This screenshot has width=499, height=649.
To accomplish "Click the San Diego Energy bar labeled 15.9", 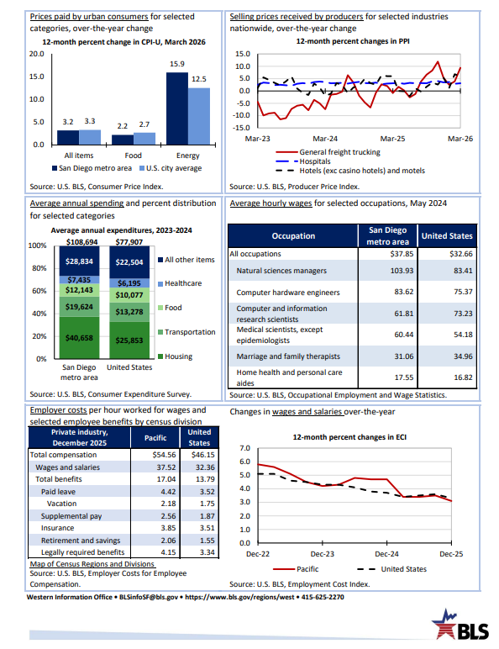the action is click(177, 108).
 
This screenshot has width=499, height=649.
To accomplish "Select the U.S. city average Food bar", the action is click(144, 139).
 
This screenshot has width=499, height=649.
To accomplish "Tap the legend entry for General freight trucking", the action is click(328, 152).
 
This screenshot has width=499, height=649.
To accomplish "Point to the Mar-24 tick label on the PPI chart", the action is click(325, 139).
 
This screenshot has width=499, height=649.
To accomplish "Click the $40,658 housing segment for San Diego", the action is click(79, 338).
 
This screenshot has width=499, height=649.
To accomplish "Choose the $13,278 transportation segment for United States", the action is click(129, 312).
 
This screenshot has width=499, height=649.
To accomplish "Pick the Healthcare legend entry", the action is click(180, 283).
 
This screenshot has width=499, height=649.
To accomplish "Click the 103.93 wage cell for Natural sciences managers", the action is click(404, 271).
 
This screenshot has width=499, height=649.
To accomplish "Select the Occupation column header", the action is click(293, 236).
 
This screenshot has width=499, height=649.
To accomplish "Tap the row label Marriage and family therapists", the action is click(288, 356).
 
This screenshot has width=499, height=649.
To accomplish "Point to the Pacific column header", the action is click(155, 438).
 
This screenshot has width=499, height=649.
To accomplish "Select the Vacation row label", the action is click(61, 504).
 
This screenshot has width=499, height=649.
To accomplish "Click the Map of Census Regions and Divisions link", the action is click(92, 564).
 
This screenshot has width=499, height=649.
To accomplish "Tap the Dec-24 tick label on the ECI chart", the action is click(387, 554).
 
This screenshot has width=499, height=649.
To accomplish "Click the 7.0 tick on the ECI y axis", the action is click(245, 448).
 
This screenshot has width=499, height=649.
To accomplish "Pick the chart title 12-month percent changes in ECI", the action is click(349, 437).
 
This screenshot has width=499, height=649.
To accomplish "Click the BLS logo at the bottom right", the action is click(460, 625).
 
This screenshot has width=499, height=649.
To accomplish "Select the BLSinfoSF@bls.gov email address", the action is click(149, 597).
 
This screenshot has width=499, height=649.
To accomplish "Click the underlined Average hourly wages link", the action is click(271, 203).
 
